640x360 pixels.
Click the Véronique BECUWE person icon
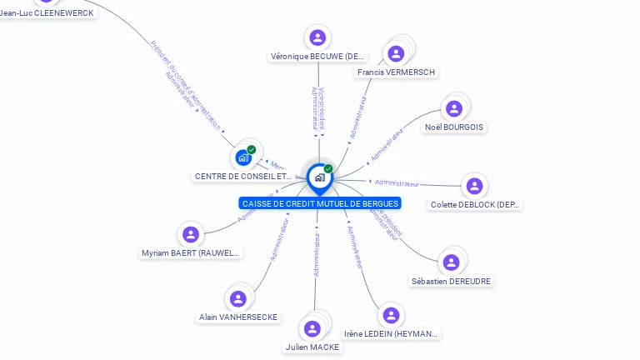pyautogui.click(x=317, y=37)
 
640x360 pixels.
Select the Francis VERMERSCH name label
pyautogui.click(x=396, y=72)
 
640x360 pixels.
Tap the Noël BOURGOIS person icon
pyautogui.click(x=454, y=108)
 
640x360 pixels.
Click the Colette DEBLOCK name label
pyautogui.click(x=475, y=204)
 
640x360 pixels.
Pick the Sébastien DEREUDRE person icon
pyautogui.click(x=452, y=262)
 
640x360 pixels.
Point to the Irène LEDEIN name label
pyautogui.click(x=391, y=334)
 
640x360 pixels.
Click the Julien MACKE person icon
pyautogui.click(x=312, y=328)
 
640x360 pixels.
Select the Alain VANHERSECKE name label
pyautogui.click(x=238, y=317)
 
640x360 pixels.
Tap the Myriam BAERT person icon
pyautogui.click(x=191, y=235)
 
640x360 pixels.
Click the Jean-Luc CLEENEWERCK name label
pyautogui.click(x=47, y=13)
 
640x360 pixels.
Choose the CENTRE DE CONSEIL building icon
pyautogui.click(x=243, y=157)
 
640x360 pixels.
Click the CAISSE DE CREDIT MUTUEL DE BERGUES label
pyautogui.click(x=320, y=203)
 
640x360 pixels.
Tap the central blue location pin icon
pyautogui.click(x=319, y=177)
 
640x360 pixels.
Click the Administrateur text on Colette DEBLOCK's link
pyautogui.click(x=397, y=182)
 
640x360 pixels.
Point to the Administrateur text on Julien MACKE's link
pyautogui.click(x=317, y=254)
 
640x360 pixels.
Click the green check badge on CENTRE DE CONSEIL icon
pyautogui.click(x=252, y=150)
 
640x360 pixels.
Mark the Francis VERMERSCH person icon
pyautogui.click(x=396, y=53)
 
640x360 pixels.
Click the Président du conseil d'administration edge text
pyautogui.click(x=186, y=84)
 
